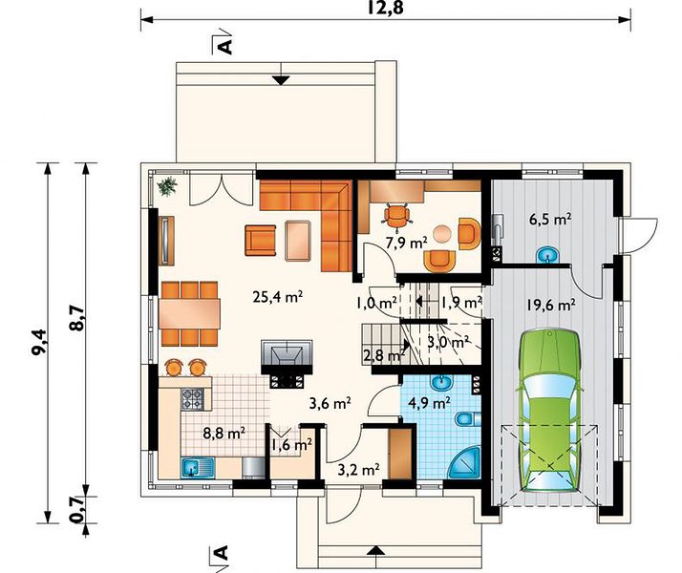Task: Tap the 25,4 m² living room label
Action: click(278, 296)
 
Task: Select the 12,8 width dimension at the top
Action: click(385, 8)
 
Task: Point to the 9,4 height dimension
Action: click(39, 342)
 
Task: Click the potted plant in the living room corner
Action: click(167, 186)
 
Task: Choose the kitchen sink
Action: click(198, 468)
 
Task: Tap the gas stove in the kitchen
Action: click(193, 398)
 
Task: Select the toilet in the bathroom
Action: click(468, 419)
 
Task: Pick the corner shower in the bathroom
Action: click(466, 464)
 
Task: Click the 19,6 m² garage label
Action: click(550, 306)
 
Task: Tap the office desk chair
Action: click(396, 215)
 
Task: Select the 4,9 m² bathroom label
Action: click(429, 403)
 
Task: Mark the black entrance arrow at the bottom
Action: click(375, 550)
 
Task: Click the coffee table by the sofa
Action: click(298, 241)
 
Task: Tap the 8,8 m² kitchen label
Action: click(224, 433)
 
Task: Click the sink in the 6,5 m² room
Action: click(547, 255)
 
